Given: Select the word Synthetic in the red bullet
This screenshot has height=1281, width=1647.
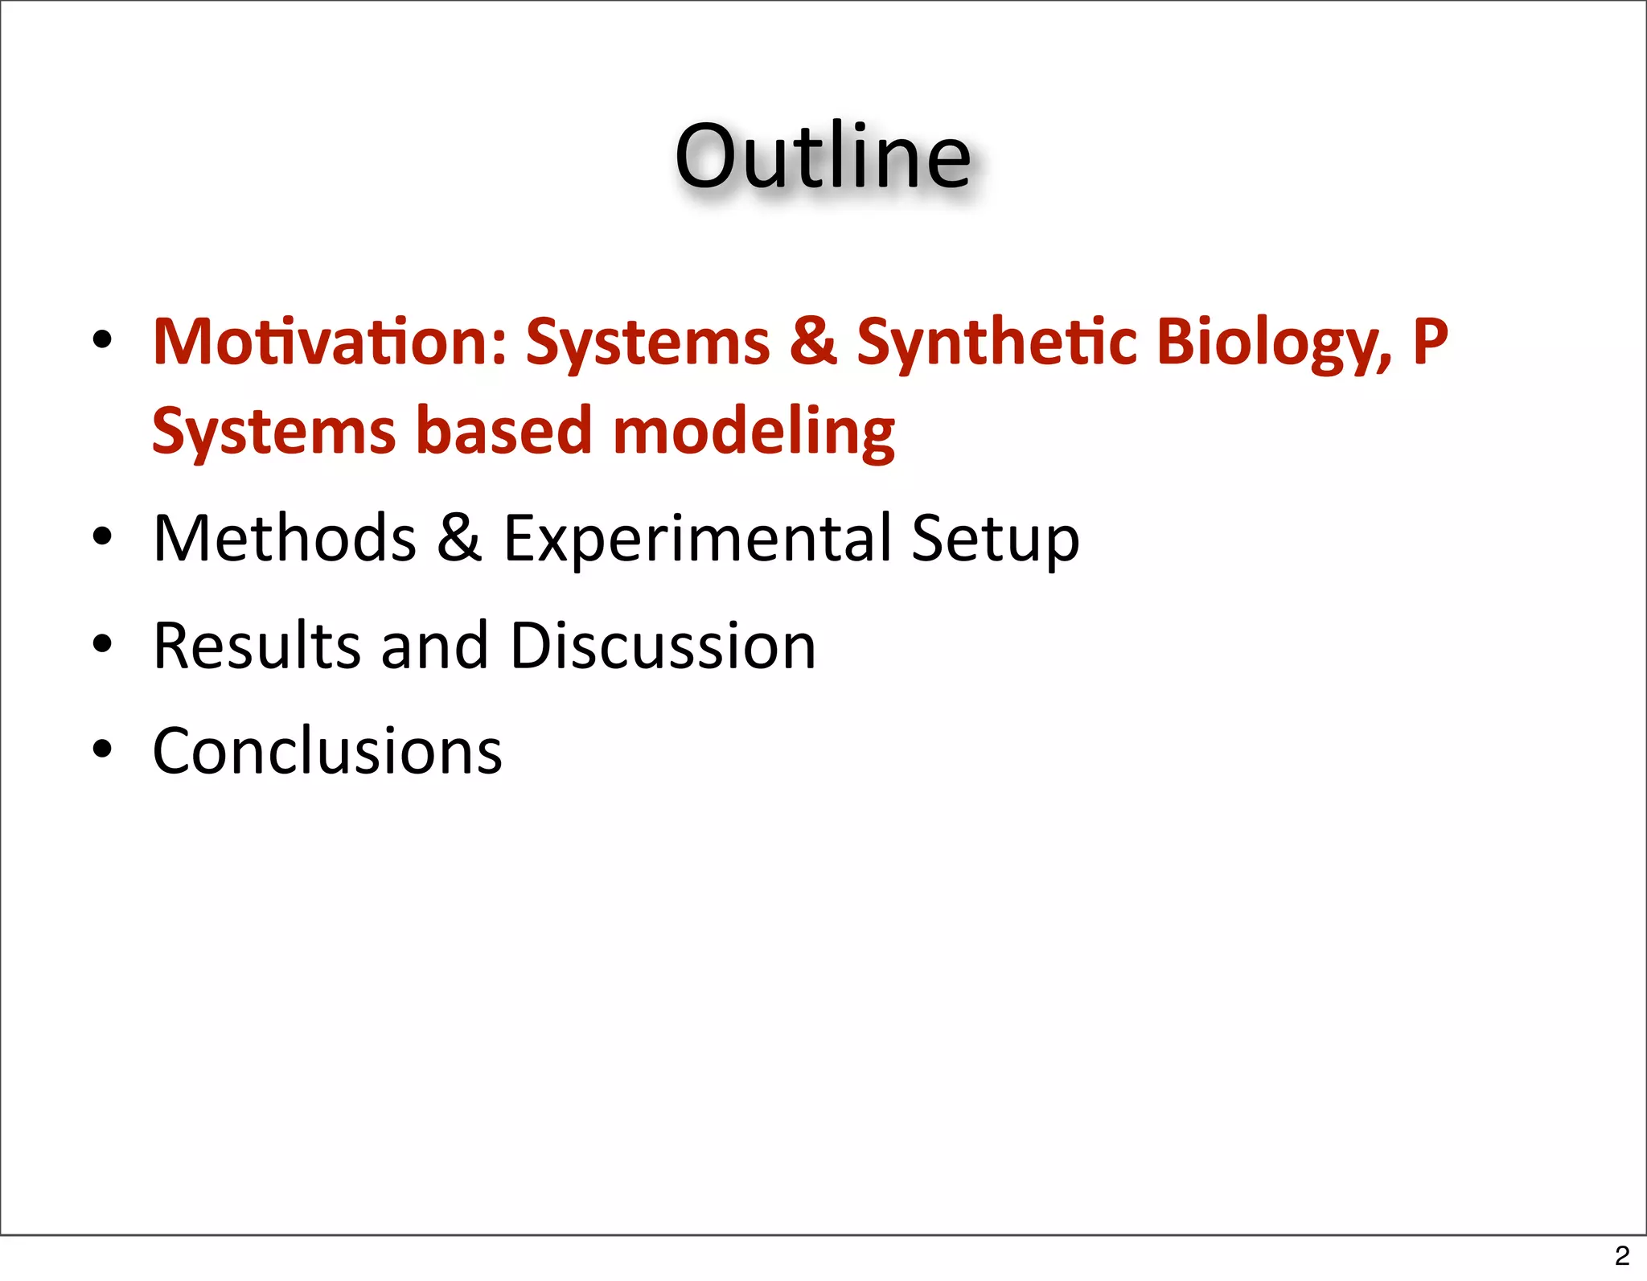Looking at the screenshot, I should pos(996,342).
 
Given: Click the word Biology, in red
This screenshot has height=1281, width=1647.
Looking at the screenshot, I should pos(1274,342).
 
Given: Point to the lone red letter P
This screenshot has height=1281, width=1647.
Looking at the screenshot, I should pos(1430,342).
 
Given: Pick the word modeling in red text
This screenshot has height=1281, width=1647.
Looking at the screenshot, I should pos(754,432).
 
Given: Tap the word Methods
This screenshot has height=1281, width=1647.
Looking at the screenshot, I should pos(285,538).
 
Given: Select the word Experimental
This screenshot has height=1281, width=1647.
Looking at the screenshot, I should pos(697,538).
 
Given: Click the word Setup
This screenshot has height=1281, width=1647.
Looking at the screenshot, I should pos(996,538).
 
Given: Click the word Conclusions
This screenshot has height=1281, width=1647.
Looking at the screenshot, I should pos(327,751).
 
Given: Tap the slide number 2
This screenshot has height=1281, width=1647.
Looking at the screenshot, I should pos(1621,1255).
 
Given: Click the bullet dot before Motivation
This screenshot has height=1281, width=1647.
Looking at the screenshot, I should pos(102,340).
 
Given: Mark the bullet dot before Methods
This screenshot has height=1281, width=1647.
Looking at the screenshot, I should pos(102,537).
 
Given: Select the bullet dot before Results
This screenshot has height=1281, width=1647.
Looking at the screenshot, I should pos(102,644).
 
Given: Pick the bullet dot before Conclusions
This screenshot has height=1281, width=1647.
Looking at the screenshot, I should pos(102,749).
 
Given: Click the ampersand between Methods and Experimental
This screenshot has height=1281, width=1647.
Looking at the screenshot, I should pos(459,538).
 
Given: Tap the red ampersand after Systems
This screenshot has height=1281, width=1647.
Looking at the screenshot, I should pos(813,342).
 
